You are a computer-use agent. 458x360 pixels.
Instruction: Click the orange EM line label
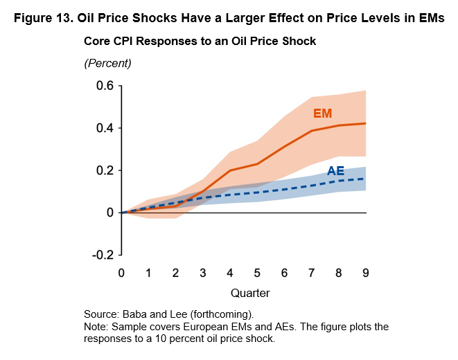(323, 113)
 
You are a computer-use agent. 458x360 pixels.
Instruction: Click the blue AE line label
(335, 171)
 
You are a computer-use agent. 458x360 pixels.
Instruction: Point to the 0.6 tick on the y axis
(104, 86)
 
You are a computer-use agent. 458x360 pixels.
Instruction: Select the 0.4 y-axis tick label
(104, 128)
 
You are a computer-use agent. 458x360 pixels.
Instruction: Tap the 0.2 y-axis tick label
(104, 170)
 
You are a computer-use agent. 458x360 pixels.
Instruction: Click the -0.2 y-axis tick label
(102, 255)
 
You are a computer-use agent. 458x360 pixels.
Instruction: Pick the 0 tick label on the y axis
(110, 213)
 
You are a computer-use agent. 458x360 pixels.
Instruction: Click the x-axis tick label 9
(366, 273)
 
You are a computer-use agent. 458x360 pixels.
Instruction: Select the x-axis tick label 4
(230, 273)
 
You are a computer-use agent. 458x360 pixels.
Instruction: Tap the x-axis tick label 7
(312, 273)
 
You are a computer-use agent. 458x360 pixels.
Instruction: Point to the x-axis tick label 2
(176, 273)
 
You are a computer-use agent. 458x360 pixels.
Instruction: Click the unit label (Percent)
(107, 63)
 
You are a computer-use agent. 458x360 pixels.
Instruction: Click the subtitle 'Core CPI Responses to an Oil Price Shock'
(200, 42)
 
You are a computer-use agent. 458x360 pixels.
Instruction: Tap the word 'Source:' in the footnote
(101, 313)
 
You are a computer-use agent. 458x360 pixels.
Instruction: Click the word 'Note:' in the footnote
(97, 326)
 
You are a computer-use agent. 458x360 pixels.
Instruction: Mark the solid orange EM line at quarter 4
(230, 170)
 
